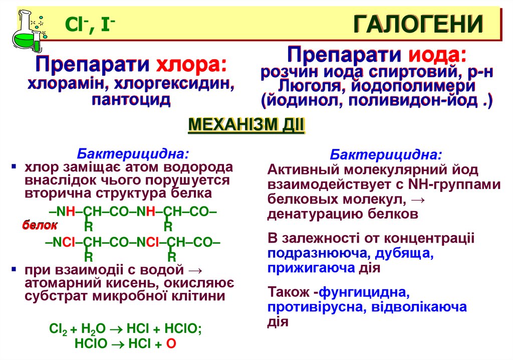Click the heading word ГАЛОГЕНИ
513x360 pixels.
418,24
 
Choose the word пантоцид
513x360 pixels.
131,99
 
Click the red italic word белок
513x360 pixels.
40,225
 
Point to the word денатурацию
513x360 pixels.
318,215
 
